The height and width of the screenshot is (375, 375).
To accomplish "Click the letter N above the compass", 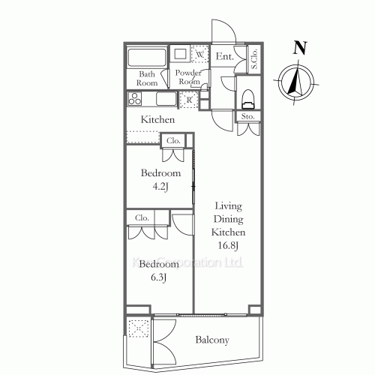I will coord(300,48).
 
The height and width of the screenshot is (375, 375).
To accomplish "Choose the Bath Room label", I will coord(148,79).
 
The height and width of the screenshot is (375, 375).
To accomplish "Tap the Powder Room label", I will coord(187,77).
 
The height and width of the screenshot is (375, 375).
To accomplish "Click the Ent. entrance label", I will coord(224,57).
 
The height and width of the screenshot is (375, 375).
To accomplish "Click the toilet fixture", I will coord(248,97).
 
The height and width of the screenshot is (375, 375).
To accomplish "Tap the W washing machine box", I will coord(201,55).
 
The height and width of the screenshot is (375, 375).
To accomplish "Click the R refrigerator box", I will coord(190,99).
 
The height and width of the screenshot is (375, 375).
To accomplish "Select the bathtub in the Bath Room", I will coord(148,58).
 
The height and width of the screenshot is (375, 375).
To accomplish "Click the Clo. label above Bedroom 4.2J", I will coord(173,140).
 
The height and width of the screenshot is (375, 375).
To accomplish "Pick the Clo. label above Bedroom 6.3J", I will coord(141,218).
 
